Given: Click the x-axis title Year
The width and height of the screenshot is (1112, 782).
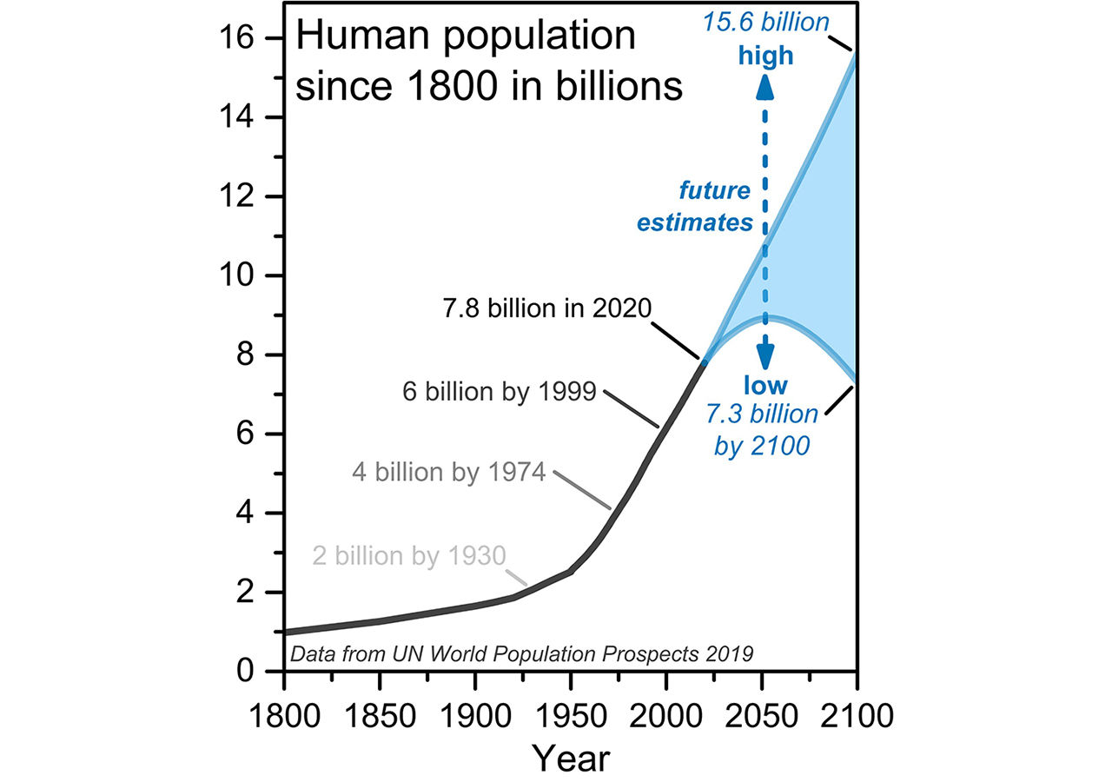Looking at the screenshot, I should click(571, 759).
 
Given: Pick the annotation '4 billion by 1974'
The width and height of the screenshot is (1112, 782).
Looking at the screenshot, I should click(448, 473).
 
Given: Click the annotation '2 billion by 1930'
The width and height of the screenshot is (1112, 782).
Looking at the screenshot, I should click(408, 554).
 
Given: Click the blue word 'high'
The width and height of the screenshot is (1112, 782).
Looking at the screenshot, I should click(765, 56).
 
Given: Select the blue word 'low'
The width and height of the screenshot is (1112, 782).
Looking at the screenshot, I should click(765, 385).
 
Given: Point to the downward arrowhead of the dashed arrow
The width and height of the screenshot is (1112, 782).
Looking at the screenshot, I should click(765, 356).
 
